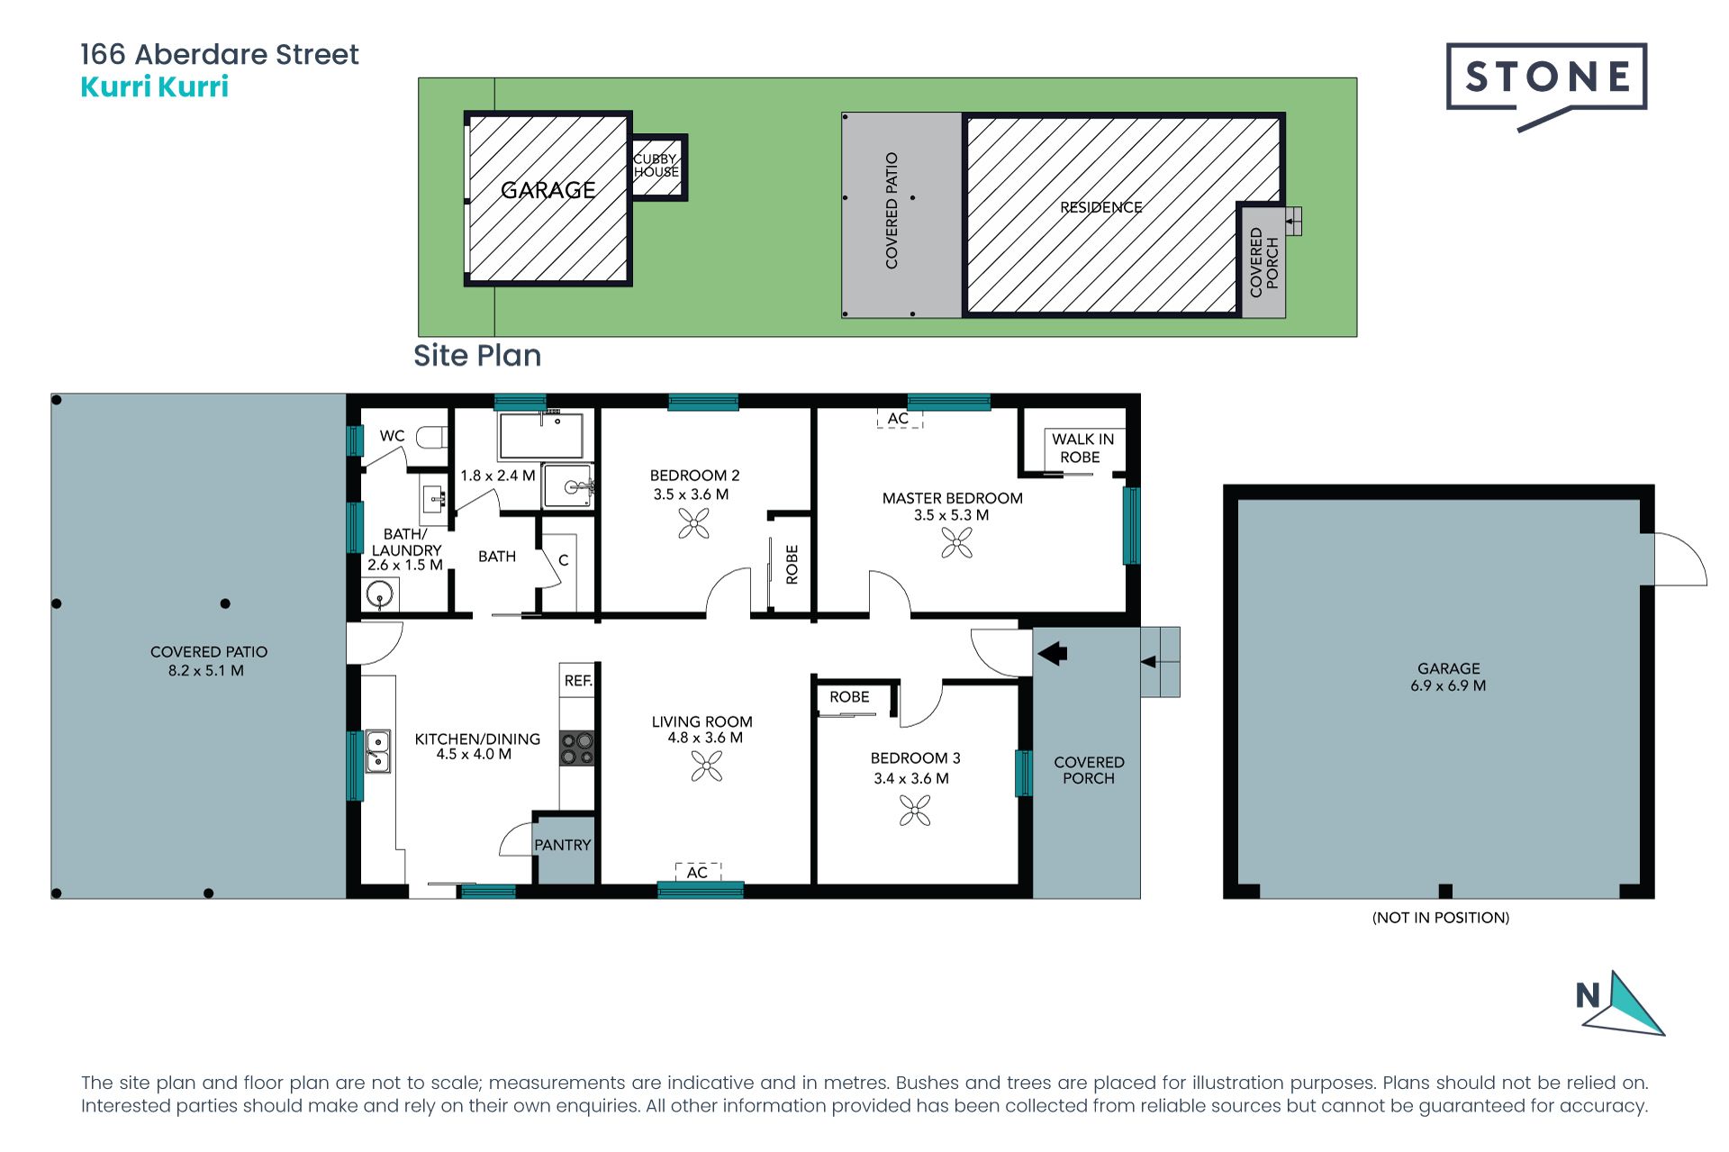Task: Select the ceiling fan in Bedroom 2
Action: [693, 523]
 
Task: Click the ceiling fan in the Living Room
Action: [707, 766]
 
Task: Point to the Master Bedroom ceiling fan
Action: [956, 542]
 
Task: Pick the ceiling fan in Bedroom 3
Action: [915, 811]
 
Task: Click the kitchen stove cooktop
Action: [577, 748]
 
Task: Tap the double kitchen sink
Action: [378, 752]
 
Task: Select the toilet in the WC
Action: [432, 437]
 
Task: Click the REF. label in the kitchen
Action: [578, 681]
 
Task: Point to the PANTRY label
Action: [563, 845]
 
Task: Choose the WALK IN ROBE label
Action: [1082, 448]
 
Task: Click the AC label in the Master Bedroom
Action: [898, 419]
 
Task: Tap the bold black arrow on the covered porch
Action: [1052, 653]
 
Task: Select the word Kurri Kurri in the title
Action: [155, 86]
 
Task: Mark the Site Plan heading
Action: [477, 356]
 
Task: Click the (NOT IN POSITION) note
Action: [1441, 918]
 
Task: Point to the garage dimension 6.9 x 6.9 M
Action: [1448, 685]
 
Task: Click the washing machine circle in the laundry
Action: [380, 595]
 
